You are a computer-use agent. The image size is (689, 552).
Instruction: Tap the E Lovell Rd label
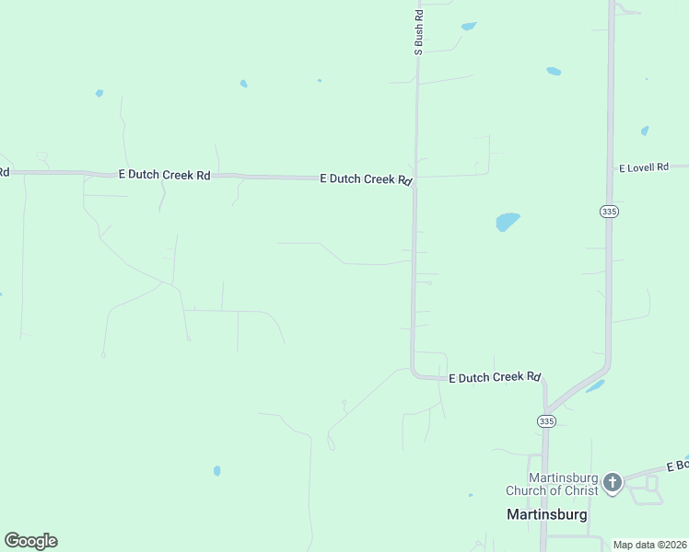pos(643,168)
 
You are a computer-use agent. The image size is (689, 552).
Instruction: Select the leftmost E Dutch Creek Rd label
pos(164,174)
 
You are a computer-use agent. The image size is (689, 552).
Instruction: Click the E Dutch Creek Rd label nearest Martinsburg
pos(494,377)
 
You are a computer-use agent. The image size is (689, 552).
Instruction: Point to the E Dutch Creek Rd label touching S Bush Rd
pos(365,179)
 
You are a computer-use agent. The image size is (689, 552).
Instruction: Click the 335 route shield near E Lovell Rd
pos(609,212)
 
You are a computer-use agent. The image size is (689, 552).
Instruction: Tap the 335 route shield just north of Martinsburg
pos(546,420)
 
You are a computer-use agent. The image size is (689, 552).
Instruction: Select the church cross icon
pos(612,481)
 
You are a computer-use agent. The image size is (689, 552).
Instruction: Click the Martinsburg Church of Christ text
pos(552,484)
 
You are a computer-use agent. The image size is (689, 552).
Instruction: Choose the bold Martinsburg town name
pos(547,514)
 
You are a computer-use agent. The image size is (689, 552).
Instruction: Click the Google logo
pos(30,541)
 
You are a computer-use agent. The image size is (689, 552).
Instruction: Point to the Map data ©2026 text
pos(650,545)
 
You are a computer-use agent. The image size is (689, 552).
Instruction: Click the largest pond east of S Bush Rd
pos(508,222)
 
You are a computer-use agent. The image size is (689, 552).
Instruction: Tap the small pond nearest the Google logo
pos(217,470)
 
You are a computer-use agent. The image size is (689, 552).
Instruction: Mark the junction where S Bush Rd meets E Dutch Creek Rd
pos(415,182)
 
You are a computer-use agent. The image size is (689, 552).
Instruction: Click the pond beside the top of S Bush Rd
pos(469,26)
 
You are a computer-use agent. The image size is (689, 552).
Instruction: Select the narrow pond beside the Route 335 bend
pos(595,385)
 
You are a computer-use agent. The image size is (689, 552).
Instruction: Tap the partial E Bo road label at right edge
pos(677,466)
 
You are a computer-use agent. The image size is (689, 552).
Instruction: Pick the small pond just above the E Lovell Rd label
pos(645,131)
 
